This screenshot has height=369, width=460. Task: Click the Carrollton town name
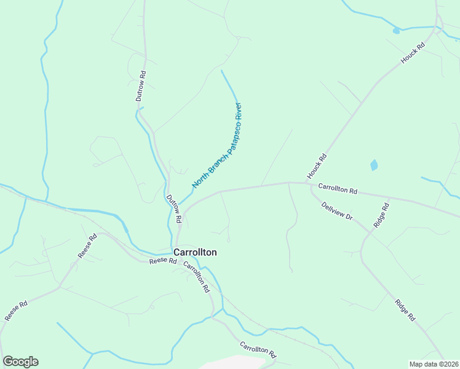tap(195, 252)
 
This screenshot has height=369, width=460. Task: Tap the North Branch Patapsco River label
tap(218, 145)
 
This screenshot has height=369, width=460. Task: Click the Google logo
tap(20, 362)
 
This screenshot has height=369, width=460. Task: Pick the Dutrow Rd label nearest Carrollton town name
tap(174, 208)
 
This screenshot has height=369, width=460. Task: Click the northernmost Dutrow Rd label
tap(141, 86)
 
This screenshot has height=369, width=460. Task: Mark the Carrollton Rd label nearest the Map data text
tap(258, 351)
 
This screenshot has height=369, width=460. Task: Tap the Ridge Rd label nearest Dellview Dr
tap(382, 215)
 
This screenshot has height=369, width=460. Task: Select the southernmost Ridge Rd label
tap(404, 310)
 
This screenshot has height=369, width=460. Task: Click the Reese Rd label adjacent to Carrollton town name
tap(162, 261)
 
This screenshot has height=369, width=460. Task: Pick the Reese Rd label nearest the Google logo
tap(17, 311)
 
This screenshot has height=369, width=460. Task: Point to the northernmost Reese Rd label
tap(87, 245)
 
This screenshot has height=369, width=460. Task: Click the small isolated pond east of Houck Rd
tap(373, 165)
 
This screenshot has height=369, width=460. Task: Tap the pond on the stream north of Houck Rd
tap(397, 30)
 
